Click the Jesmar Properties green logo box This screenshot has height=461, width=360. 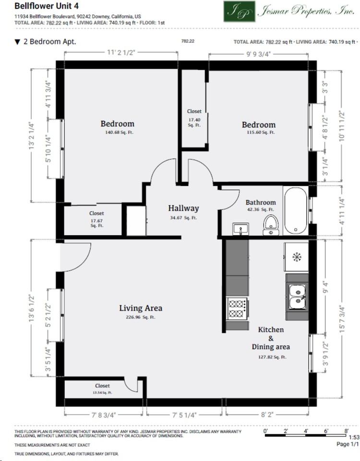240,11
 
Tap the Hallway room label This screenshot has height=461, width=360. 183,208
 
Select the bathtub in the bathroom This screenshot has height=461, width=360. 296,210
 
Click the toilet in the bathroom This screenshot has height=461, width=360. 271,225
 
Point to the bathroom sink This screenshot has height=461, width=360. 240,229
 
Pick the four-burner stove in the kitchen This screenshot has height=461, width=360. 237,308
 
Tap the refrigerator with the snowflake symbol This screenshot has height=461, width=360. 296,257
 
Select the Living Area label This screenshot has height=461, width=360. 141,308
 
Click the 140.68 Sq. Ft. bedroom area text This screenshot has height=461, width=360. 119,133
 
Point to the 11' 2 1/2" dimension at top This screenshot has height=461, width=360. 121,52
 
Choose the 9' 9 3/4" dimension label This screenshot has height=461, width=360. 258,54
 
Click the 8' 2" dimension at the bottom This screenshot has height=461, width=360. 267,414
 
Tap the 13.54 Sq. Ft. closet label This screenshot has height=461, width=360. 102,393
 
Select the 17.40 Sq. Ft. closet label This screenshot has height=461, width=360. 194,122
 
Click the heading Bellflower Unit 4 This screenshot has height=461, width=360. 46,6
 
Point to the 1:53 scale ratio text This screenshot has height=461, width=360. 354,437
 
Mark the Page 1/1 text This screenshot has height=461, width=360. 348,444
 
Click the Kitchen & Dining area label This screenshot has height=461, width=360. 271,338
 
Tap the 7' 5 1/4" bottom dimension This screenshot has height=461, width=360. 184,415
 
